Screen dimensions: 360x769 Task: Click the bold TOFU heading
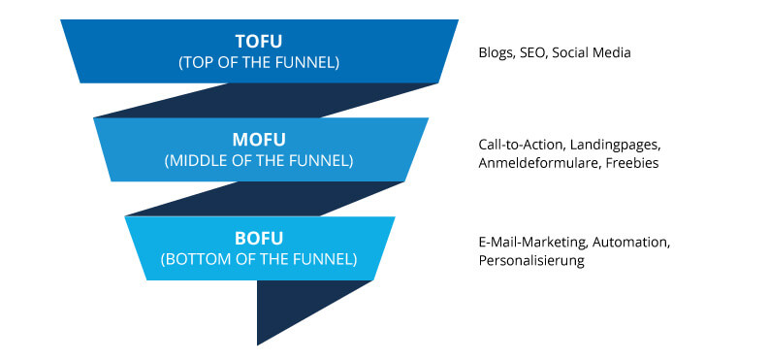[260, 42]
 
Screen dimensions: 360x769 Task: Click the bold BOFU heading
[259, 239]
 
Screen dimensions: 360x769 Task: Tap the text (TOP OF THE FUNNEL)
[260, 61]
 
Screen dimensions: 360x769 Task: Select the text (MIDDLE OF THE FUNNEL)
[259, 160]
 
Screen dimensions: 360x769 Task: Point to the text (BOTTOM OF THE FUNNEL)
[259, 259]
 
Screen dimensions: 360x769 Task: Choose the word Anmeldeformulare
[538, 163]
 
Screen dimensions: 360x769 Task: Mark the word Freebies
[632, 163]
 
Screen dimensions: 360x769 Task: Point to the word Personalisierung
[531, 260]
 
